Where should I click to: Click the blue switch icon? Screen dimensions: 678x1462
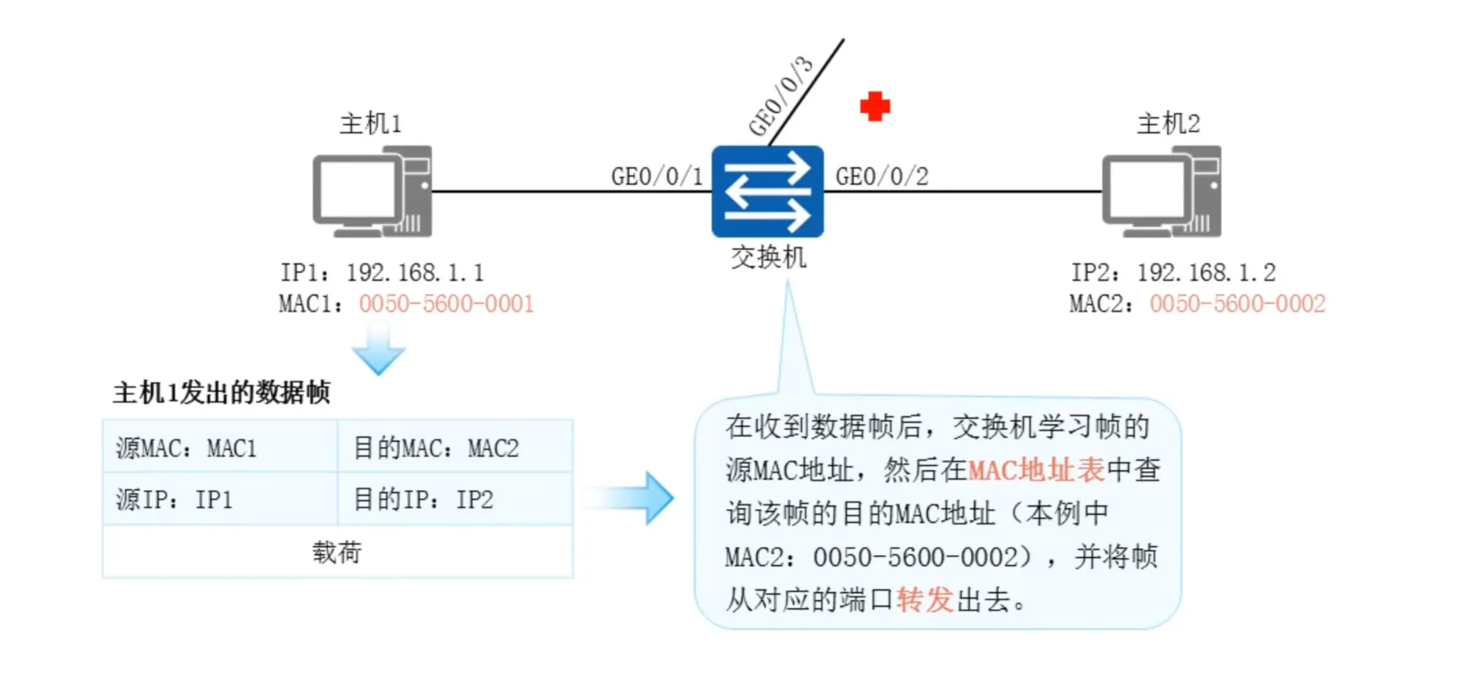(x=767, y=191)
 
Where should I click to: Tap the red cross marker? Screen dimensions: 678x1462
(x=875, y=106)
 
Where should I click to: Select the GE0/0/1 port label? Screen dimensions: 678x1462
(x=657, y=176)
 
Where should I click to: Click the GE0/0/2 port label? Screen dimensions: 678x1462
(x=882, y=176)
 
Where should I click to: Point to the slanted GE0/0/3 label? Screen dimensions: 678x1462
(x=781, y=95)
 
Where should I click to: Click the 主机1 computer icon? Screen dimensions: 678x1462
(x=372, y=192)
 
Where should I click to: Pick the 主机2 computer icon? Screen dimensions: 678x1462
(x=1161, y=192)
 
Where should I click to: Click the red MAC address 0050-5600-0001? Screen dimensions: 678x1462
(x=447, y=304)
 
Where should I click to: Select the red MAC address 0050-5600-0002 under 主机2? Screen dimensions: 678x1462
(x=1237, y=304)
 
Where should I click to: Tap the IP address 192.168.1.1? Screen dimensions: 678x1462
(x=415, y=272)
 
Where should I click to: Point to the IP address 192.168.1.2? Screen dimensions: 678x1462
(x=1206, y=272)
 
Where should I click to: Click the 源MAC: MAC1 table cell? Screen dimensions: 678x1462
(x=220, y=447)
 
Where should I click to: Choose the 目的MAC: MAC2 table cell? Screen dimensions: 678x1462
(x=455, y=447)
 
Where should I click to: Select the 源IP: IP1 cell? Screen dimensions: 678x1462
(x=220, y=500)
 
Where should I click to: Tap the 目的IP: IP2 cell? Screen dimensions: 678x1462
(x=455, y=500)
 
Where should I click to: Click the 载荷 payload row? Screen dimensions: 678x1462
(x=337, y=552)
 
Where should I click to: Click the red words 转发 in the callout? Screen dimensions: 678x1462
(x=924, y=600)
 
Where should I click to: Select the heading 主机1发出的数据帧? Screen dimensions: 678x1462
(x=222, y=392)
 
